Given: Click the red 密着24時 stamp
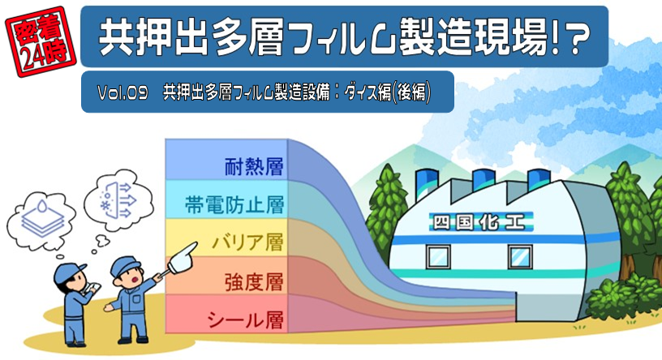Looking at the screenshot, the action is pos(41,41).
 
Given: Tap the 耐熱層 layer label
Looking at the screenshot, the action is pos(253,166).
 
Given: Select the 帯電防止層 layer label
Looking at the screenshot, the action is pos(234,204).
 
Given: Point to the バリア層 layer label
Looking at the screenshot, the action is pos(247,242).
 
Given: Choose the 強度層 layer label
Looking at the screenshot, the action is pos(253,281).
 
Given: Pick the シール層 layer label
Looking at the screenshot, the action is pos(245,319).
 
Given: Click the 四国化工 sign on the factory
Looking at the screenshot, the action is pos(481,221).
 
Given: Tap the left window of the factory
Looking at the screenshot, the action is pos(438,256).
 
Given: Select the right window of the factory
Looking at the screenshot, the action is pos(519,256).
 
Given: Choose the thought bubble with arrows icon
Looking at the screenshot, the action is pos(119,199).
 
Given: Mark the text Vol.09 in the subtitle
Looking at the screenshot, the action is pos(123,92).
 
